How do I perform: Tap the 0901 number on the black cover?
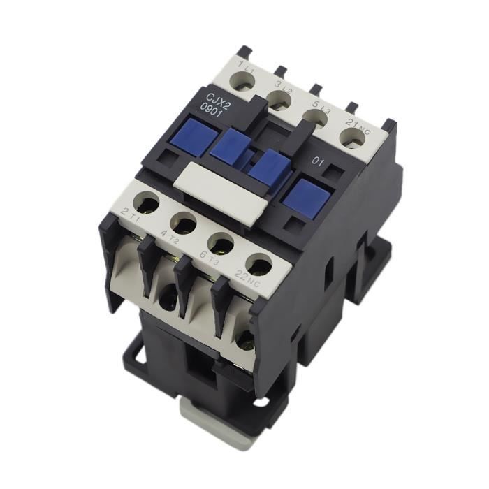(x=212, y=111)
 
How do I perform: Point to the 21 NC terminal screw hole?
(x=353, y=137)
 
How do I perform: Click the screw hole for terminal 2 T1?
(x=146, y=202)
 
